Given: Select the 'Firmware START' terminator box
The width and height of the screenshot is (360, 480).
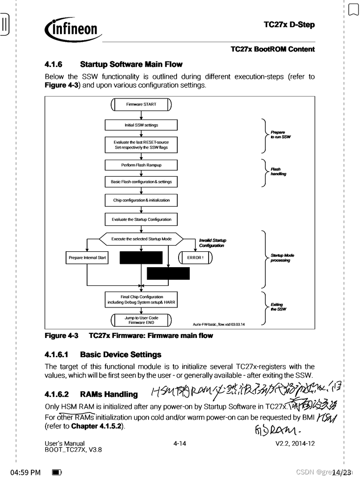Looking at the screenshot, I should tap(141, 105).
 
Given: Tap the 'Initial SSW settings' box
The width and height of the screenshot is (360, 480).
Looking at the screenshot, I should tap(141, 125).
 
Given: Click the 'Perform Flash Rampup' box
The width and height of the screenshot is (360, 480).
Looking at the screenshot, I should tap(141, 165).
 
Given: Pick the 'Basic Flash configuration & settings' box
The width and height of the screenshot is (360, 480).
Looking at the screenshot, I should tap(141, 181).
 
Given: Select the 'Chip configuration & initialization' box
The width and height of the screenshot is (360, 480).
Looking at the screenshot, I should tap(141, 200).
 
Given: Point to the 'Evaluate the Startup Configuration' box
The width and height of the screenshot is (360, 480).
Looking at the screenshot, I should tap(141, 219).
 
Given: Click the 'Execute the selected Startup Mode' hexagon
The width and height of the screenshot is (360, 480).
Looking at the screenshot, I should tap(141, 239).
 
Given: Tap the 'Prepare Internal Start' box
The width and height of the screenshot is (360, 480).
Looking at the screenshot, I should tap(87, 258).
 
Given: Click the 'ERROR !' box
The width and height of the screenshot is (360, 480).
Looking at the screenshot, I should tap(195, 258).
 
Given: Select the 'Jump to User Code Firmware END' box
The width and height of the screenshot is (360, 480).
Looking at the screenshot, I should tap(141, 320).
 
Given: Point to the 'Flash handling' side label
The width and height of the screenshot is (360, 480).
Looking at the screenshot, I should tap(278, 172).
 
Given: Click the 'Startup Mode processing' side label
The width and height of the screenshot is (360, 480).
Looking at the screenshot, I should tap(282, 258).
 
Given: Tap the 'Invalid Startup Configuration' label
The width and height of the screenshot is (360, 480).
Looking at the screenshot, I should tap(212, 243).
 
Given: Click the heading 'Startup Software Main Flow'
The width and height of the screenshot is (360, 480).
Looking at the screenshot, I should tap(131, 64).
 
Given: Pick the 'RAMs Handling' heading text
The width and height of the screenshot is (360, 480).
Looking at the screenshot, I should tap(109, 395).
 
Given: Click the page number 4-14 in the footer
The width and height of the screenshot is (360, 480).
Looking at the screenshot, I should tap(180, 443).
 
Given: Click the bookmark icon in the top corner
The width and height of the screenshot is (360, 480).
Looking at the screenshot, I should tap(352, 9).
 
